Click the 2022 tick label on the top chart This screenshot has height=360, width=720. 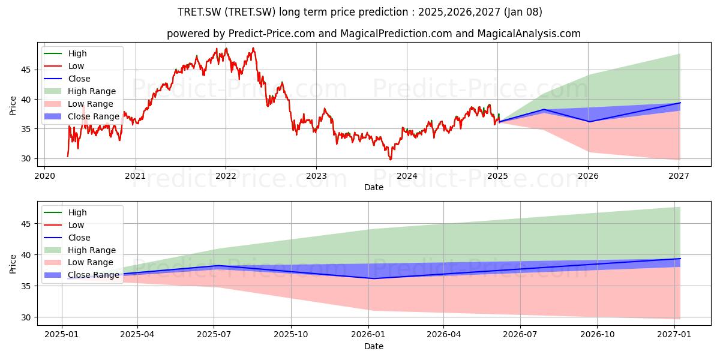tap(226, 176)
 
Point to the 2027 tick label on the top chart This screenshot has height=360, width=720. tap(679, 176)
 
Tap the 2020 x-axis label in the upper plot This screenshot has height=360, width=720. tap(44, 176)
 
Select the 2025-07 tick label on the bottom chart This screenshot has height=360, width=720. tap(214, 335)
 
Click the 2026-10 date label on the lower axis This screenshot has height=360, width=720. tap(597, 335)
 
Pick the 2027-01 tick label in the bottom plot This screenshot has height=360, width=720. tap(674, 335)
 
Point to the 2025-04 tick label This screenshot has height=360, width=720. tap(137, 335)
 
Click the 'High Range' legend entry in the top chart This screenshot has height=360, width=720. tap(80, 91)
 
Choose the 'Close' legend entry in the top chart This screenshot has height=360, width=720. tap(67, 79)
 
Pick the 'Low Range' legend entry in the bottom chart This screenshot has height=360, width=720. tap(79, 262)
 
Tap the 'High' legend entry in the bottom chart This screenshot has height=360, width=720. tap(65, 212)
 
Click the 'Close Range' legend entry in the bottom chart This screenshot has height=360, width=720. tap(82, 275)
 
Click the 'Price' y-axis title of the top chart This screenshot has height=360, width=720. tap(13, 106)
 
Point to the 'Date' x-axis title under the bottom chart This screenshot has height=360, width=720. tap(374, 346)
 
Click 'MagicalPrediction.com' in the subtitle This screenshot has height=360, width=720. tap(397, 34)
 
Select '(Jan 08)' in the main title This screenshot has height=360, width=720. tap(523, 12)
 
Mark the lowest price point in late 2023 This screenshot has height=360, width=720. tap(391, 160)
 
